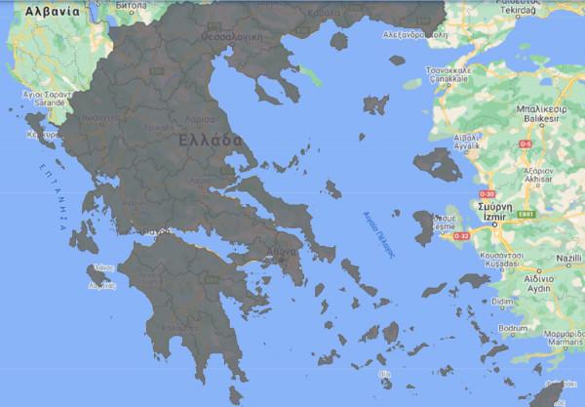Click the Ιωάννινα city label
click(x=98, y=116)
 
